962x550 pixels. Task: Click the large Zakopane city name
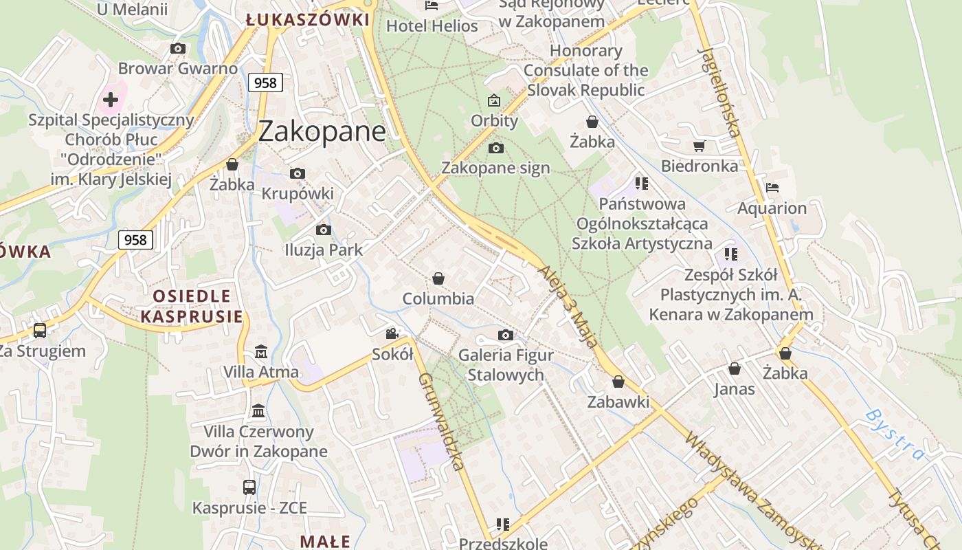[x=322, y=131]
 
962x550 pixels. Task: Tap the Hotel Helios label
[x=432, y=26]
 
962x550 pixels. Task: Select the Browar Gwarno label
[x=178, y=69]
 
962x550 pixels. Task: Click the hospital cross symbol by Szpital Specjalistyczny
[x=111, y=100]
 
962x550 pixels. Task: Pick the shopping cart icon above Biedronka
[x=700, y=146]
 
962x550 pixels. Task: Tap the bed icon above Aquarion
[x=772, y=188]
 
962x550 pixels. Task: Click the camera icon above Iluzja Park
[x=324, y=230]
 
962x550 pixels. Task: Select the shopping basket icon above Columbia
[x=438, y=278]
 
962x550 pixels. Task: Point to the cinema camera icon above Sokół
[x=392, y=334]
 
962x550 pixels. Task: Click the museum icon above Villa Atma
[x=261, y=352]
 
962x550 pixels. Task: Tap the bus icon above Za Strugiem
[x=40, y=331]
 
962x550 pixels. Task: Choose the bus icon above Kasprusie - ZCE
[x=249, y=487]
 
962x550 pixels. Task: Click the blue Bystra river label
[x=894, y=434]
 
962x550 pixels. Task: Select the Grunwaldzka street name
[x=441, y=421]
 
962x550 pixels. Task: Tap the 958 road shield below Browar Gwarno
[x=265, y=83]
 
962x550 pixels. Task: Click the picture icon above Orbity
[x=494, y=101]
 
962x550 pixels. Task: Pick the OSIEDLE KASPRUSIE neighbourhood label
[x=192, y=307]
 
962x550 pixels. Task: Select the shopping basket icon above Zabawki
[x=618, y=382]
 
